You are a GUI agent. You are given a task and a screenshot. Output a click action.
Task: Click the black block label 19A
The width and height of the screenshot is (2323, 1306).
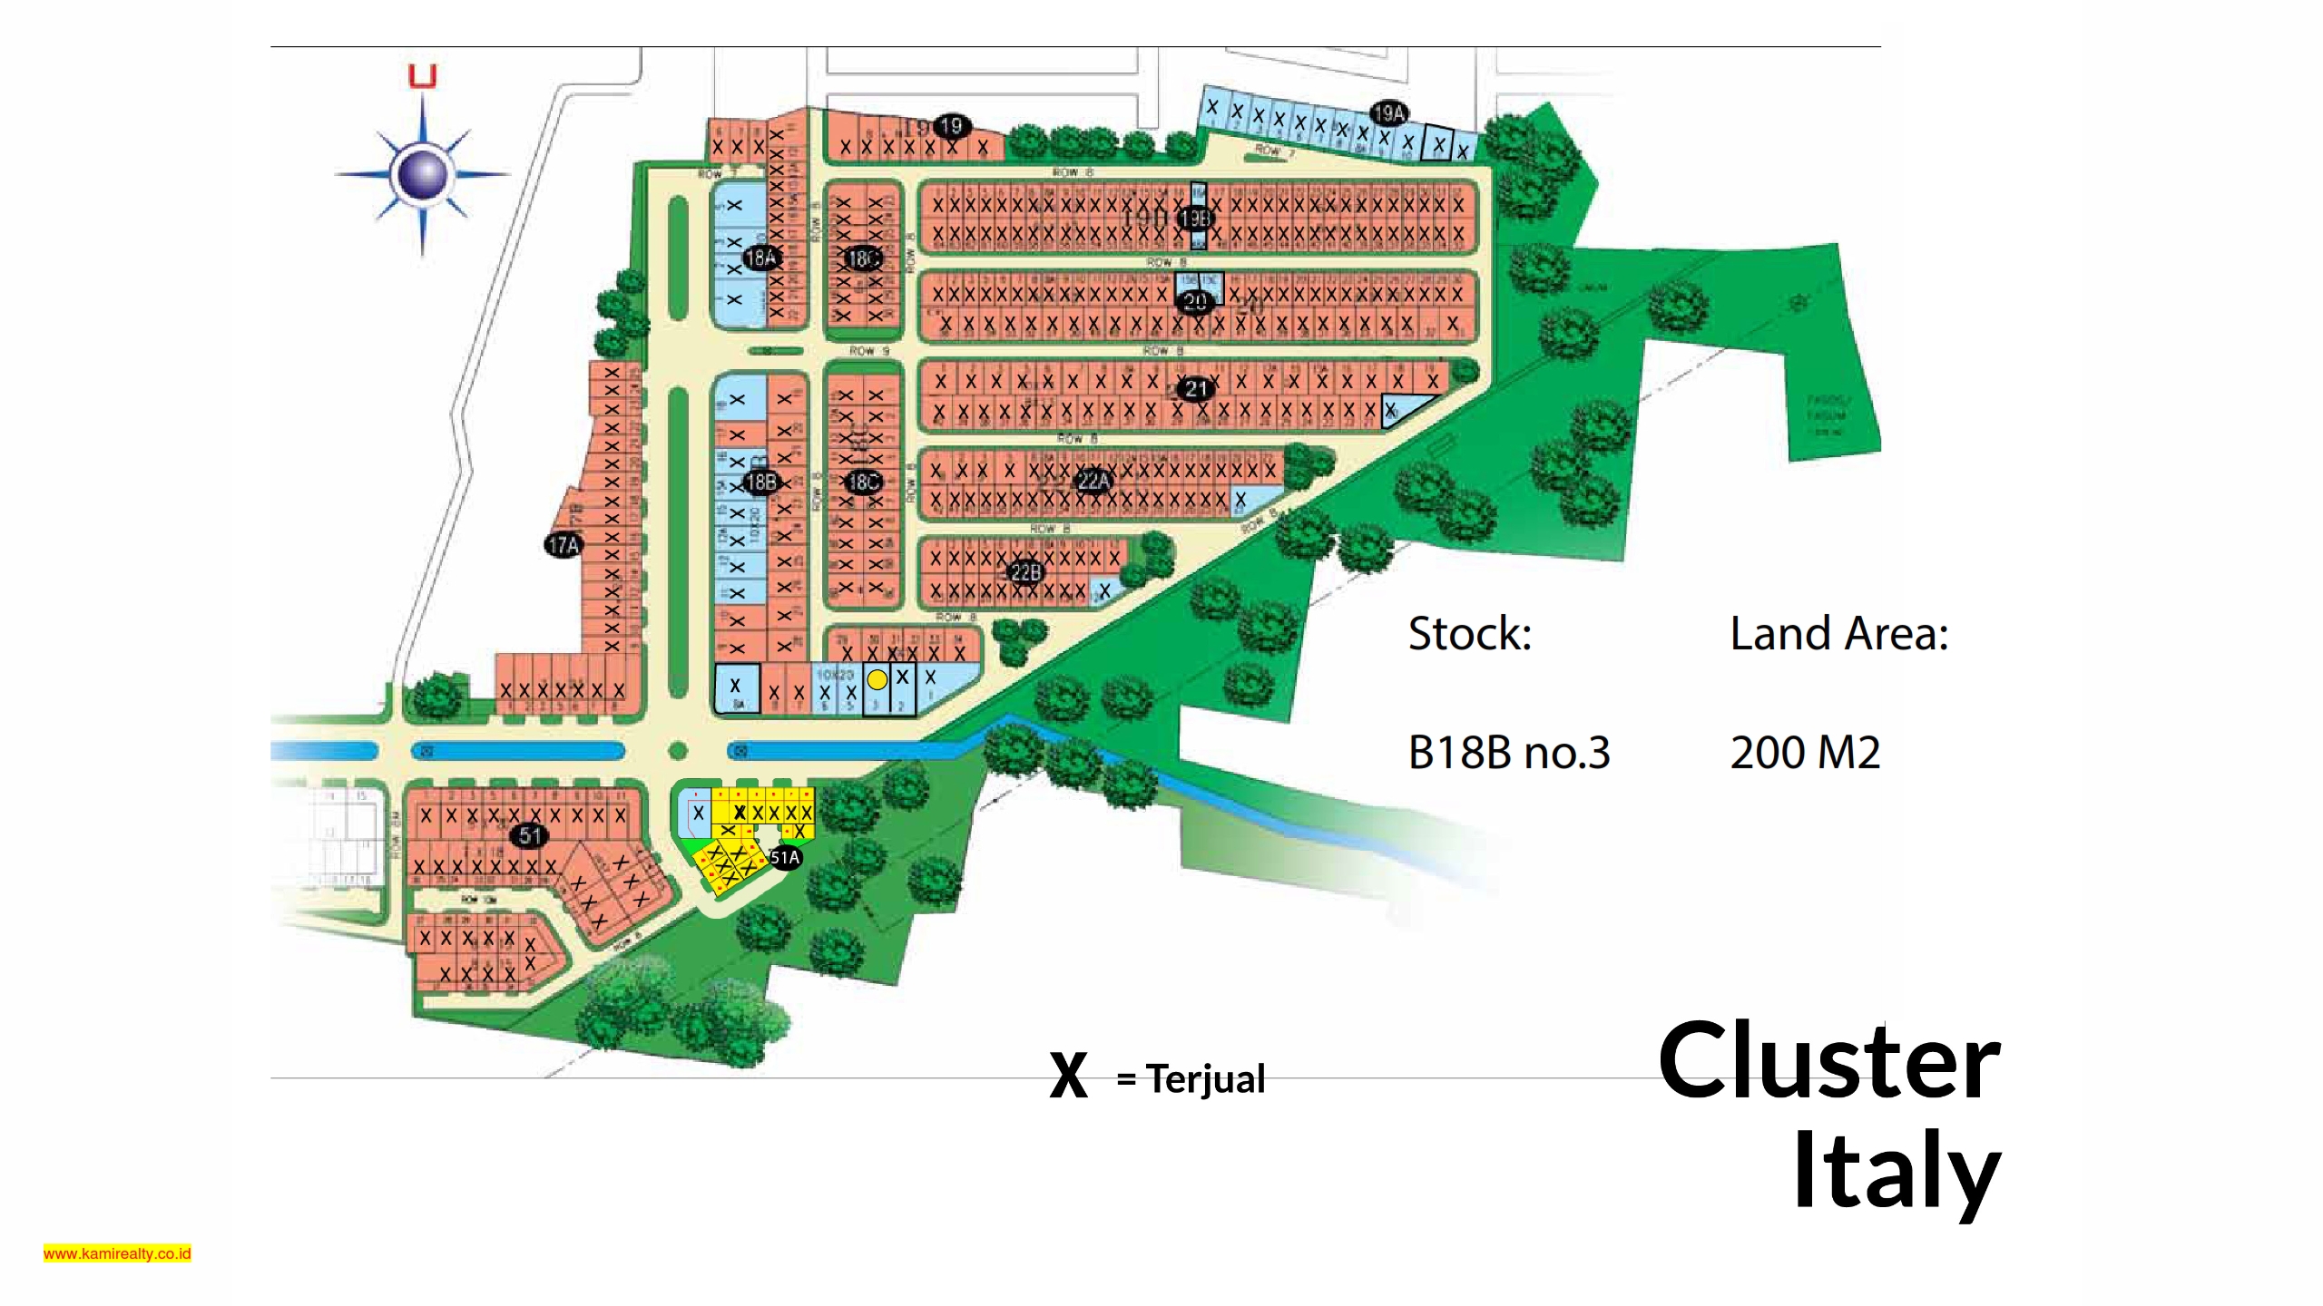tap(1388, 113)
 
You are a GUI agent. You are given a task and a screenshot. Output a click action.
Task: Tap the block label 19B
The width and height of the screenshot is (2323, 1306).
tap(1194, 219)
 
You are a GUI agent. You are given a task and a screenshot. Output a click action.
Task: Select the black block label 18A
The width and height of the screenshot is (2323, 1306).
tap(760, 258)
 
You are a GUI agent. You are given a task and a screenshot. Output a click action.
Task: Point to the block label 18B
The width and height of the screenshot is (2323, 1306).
tap(760, 482)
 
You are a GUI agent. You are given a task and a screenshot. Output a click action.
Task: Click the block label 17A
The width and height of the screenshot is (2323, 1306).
tap(564, 545)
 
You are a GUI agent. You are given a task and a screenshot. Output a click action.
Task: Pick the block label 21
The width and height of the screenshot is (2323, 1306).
tap(1196, 389)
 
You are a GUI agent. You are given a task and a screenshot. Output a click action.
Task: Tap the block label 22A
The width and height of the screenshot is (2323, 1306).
tap(1093, 481)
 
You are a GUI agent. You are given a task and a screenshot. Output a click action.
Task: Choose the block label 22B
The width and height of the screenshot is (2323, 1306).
tap(1026, 572)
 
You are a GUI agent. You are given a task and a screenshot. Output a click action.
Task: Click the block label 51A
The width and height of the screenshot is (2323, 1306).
tap(785, 857)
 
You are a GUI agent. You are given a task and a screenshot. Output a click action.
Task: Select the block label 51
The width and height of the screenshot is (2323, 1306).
tap(530, 835)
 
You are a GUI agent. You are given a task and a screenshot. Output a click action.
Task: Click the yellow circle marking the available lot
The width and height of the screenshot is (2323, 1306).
tap(877, 679)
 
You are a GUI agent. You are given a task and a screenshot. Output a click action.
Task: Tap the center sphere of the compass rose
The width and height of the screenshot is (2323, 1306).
tap(423, 173)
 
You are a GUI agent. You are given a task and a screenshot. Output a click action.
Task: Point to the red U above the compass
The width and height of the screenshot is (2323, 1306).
tap(423, 76)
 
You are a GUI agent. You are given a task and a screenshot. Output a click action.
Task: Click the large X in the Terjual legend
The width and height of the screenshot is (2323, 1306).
tap(1068, 1077)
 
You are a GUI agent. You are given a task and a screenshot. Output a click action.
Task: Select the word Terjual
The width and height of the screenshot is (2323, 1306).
tap(1205, 1079)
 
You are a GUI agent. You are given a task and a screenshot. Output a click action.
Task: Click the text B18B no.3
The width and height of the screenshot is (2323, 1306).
tap(1508, 753)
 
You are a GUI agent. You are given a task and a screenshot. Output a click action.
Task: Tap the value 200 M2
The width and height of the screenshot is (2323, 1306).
tap(1805, 753)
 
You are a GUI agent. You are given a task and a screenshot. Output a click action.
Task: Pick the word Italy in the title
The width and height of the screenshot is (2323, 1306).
tap(1896, 1171)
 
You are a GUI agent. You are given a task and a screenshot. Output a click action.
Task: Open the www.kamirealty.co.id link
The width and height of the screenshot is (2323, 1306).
tap(117, 1253)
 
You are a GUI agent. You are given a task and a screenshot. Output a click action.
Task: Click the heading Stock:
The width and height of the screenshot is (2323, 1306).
tap(1469, 633)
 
